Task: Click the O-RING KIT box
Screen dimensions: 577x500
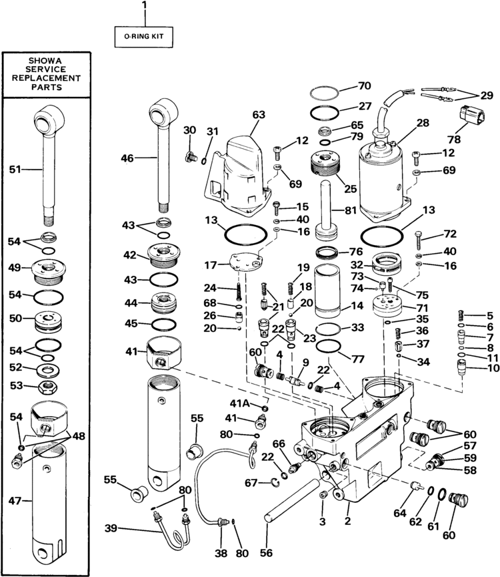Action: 143,39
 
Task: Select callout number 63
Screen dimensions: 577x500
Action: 258,114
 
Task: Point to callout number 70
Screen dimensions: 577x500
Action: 364,86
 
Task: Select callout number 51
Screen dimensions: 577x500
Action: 15,170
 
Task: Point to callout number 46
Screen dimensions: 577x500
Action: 127,158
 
